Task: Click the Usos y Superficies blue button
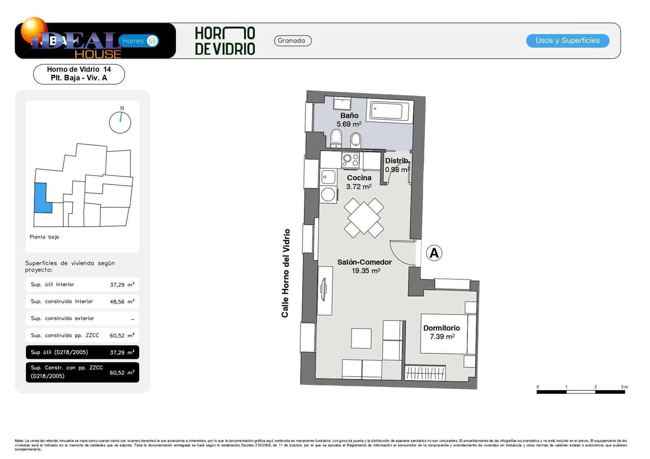coord(567,41)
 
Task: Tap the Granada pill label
coord(292,41)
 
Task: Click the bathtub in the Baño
coord(389,111)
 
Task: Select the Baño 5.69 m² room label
coord(349,120)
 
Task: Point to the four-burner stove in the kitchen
coord(351,160)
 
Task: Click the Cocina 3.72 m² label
coord(359,182)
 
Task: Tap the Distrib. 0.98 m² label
coord(397,165)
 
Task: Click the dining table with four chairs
coord(364,217)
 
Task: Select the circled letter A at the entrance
coord(434,253)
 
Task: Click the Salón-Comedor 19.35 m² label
coord(364,266)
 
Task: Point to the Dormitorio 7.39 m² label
coord(442,332)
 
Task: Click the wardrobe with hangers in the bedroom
coord(425,373)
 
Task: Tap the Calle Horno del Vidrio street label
coord(286,273)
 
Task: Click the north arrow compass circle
coord(120,122)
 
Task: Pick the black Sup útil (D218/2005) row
coord(82,352)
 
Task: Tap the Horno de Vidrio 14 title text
coord(79,69)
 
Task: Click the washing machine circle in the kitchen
coord(328,195)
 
